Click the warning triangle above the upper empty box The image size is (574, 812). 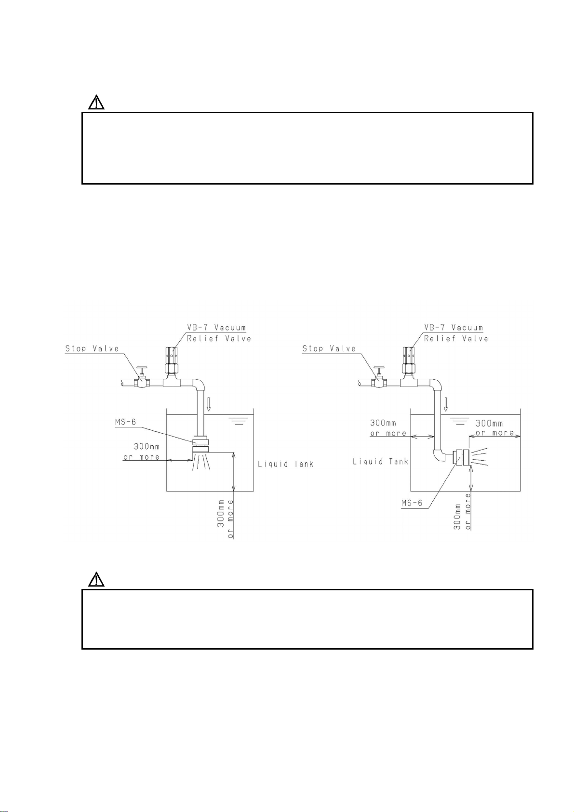click(x=96, y=103)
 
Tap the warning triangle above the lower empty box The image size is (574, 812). click(x=96, y=579)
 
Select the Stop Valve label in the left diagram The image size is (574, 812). click(x=92, y=348)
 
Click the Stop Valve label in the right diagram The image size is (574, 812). click(x=329, y=348)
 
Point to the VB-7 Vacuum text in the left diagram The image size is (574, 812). click(x=216, y=328)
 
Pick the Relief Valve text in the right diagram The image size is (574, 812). click(x=456, y=339)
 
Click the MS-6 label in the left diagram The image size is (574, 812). click(x=125, y=423)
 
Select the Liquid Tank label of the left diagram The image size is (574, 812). click(x=286, y=464)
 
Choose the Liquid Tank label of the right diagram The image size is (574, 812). click(x=381, y=462)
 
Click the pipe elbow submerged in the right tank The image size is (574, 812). click(x=439, y=454)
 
